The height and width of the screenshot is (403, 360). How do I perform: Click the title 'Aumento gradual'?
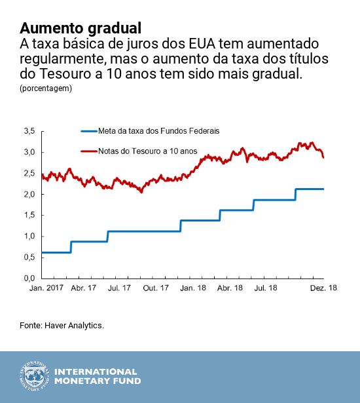click(x=81, y=28)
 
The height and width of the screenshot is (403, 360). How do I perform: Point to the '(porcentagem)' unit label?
click(x=46, y=87)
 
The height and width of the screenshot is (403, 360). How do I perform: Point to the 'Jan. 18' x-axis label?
click(x=195, y=288)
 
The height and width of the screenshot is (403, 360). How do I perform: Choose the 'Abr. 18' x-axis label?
click(x=230, y=288)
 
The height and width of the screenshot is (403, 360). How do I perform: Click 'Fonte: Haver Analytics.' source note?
click(x=62, y=325)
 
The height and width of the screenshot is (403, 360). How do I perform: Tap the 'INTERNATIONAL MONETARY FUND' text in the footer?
click(x=97, y=376)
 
